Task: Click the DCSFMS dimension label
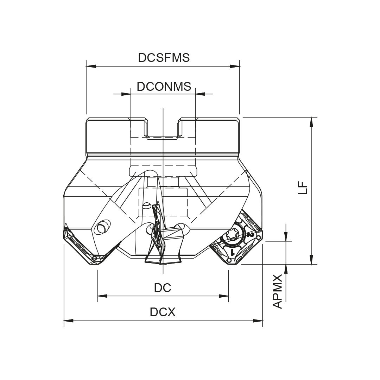(x=164, y=58)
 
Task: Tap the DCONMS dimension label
(x=164, y=87)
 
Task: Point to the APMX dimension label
(x=278, y=292)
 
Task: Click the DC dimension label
(x=163, y=288)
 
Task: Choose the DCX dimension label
(x=163, y=312)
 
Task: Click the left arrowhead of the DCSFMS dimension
(x=91, y=66)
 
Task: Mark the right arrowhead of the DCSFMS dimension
(x=235, y=66)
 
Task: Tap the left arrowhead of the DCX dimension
(x=68, y=321)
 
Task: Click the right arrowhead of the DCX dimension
(x=259, y=321)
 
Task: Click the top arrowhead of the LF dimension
(x=311, y=122)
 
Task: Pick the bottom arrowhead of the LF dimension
(x=311, y=259)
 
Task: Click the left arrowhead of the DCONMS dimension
(x=126, y=94)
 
